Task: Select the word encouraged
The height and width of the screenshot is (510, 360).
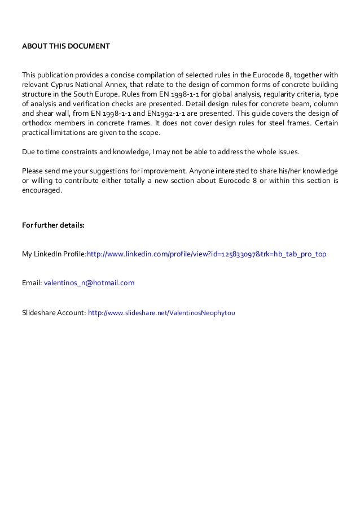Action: (42, 190)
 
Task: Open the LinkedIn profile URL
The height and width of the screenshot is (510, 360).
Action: (206, 254)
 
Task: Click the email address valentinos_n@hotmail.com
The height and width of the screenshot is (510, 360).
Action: (89, 282)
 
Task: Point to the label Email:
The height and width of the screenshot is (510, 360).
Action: (32, 282)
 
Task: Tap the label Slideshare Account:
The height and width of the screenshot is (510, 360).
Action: (54, 311)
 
